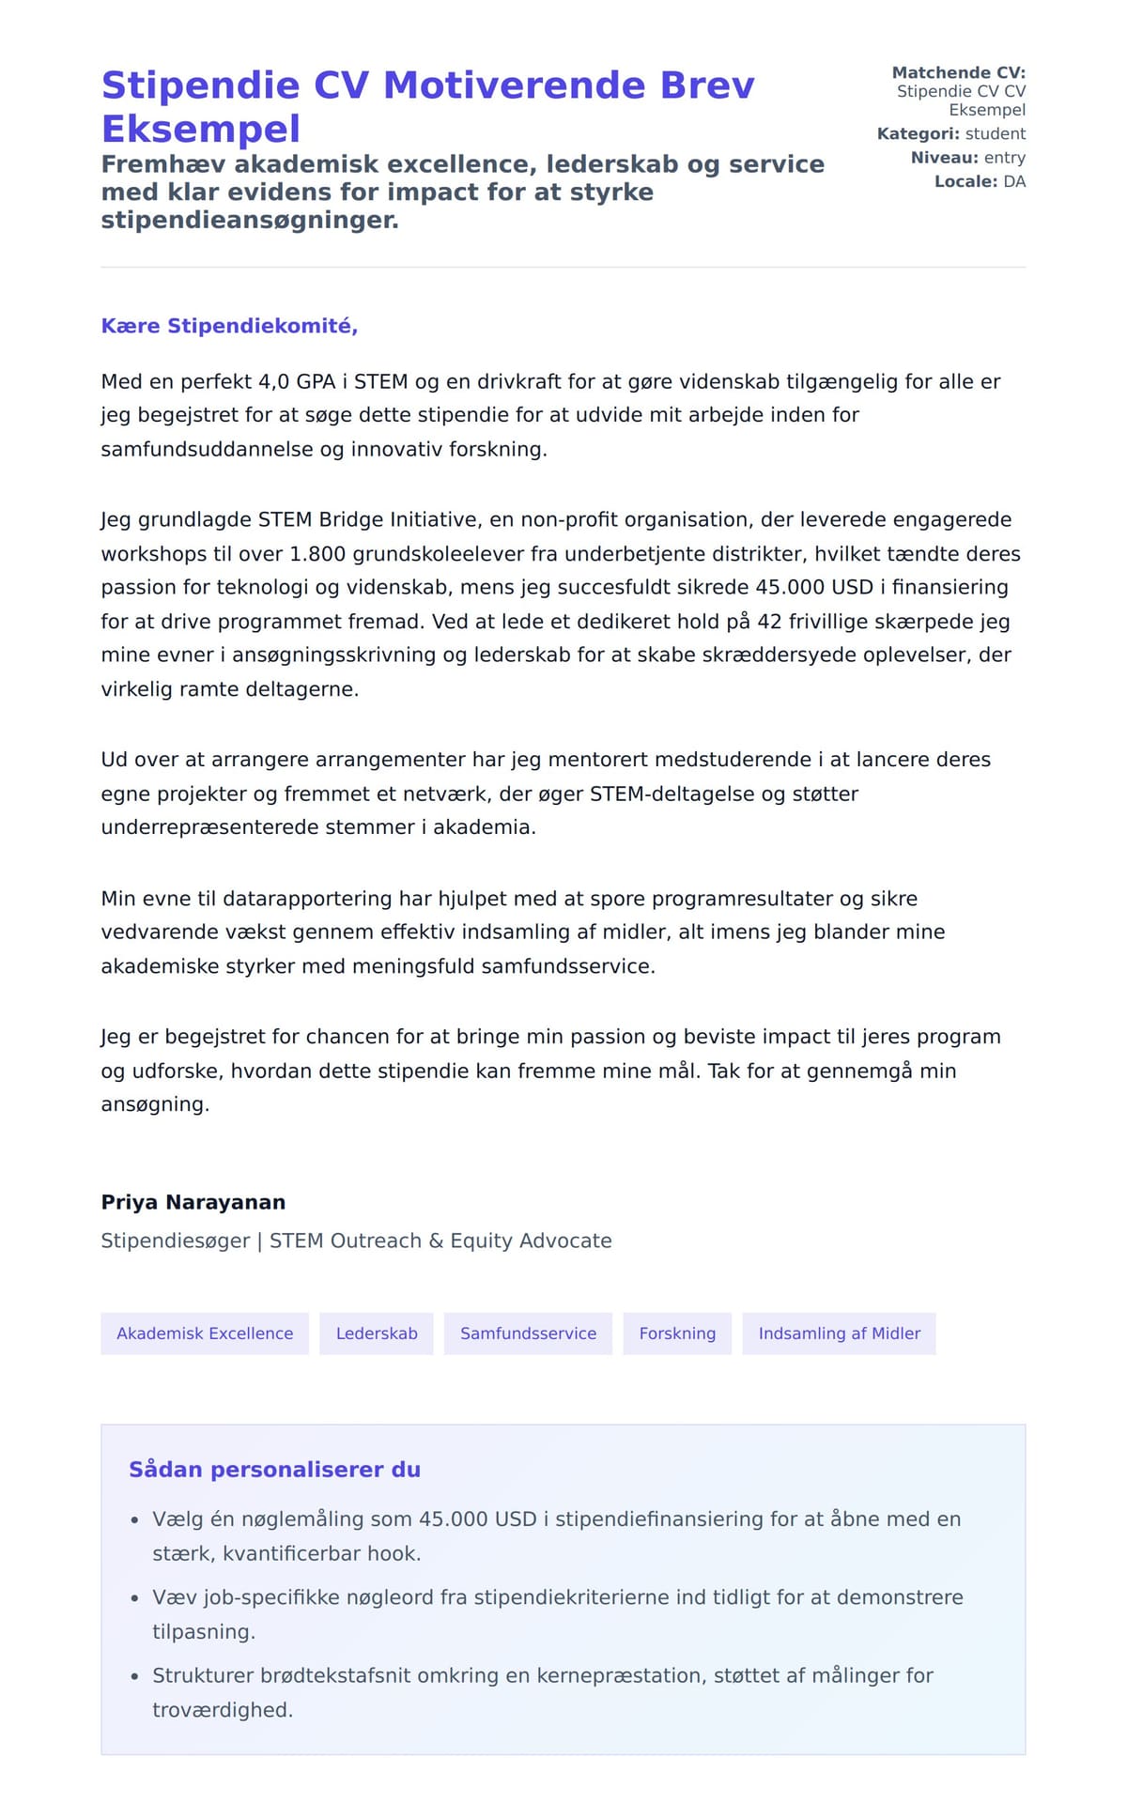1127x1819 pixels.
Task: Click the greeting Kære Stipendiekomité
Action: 229,326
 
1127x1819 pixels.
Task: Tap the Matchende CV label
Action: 958,72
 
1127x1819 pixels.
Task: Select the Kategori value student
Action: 996,133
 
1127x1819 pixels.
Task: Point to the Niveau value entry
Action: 1004,158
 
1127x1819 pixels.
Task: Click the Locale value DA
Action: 1014,181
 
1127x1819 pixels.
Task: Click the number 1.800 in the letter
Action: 317,554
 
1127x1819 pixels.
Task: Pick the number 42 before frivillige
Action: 769,622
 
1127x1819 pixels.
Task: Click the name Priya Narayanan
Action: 193,1202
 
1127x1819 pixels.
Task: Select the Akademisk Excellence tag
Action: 205,1333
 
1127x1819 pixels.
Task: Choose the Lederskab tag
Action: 377,1333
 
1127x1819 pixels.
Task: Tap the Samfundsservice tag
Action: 528,1333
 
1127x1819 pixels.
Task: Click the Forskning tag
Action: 677,1333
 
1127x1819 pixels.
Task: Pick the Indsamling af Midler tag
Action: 839,1333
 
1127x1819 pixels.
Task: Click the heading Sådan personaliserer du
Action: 274,1470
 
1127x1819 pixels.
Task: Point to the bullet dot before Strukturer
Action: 134,1676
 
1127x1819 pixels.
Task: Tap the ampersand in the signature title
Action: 436,1241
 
